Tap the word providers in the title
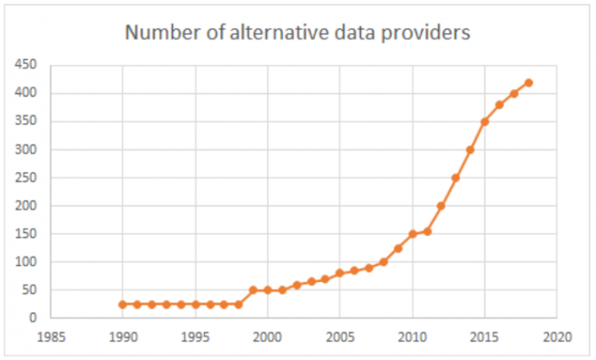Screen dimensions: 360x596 click(428, 34)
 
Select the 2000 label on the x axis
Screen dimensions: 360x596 click(268, 335)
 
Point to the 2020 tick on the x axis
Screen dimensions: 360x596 click(557, 335)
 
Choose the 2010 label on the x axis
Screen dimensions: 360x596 click(412, 335)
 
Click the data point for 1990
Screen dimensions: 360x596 click(123, 304)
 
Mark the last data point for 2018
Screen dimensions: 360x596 click(528, 82)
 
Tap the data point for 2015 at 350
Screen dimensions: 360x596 click(485, 122)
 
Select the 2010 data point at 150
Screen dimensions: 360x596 click(412, 234)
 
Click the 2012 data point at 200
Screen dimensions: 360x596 click(442, 206)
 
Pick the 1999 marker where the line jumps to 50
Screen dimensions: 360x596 click(253, 290)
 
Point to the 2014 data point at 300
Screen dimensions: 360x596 click(470, 150)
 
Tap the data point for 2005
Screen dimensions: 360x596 click(340, 273)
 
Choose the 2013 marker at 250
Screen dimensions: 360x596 click(455, 177)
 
